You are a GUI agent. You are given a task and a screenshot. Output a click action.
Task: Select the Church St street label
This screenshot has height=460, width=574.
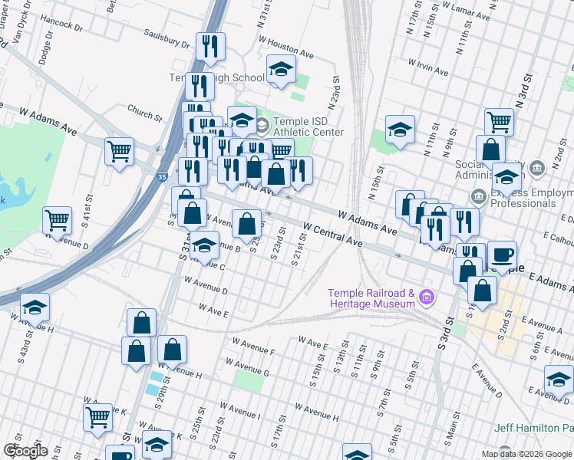click(145, 113)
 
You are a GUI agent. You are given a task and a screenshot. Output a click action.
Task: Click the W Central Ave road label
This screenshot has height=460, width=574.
click(332, 234)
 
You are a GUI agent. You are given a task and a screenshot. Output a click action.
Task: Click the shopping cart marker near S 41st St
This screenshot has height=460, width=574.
click(58, 221)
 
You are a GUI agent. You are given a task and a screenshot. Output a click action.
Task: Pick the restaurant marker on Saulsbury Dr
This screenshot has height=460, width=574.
click(209, 46)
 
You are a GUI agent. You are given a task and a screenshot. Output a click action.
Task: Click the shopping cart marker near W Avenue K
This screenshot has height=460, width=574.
click(98, 417)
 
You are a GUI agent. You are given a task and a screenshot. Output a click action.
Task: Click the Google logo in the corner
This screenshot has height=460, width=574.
click(25, 451)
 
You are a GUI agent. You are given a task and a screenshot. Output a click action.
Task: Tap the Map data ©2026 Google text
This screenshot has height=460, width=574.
click(526, 454)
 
